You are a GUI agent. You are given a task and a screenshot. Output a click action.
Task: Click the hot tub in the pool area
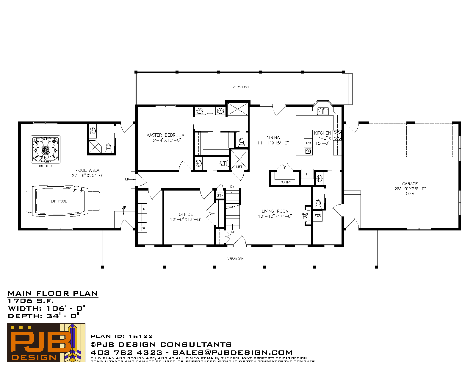(x=46, y=149)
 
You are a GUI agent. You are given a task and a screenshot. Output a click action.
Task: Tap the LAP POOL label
(x=59, y=201)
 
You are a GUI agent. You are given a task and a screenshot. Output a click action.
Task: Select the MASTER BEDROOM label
(x=165, y=135)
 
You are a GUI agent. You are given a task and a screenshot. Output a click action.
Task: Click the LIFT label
(x=239, y=167)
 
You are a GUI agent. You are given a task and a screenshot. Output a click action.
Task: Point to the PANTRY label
(x=285, y=182)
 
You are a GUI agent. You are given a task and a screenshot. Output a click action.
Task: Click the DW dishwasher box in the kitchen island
(x=309, y=143)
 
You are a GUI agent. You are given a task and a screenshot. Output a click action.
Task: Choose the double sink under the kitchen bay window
(x=323, y=111)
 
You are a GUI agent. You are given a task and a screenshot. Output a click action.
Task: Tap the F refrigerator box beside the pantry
(x=307, y=174)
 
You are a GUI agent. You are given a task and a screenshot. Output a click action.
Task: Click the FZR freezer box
(x=318, y=216)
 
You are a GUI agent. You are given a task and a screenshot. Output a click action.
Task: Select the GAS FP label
(x=305, y=216)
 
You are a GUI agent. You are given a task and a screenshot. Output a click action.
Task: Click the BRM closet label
(x=220, y=195)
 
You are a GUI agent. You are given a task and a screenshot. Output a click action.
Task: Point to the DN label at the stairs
(x=232, y=187)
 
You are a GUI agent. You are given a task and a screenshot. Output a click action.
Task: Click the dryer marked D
(x=143, y=209)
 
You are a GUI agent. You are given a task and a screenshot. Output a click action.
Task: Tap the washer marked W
(x=143, y=227)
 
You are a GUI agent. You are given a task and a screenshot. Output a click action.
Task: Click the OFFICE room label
(x=186, y=214)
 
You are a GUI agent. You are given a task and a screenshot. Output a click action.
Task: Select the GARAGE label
(x=410, y=184)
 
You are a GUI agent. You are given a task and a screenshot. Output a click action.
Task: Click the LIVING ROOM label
(x=275, y=211)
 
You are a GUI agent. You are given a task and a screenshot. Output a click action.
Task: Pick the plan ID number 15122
(x=141, y=336)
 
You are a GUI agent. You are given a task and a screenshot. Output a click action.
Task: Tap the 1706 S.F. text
(x=31, y=301)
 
